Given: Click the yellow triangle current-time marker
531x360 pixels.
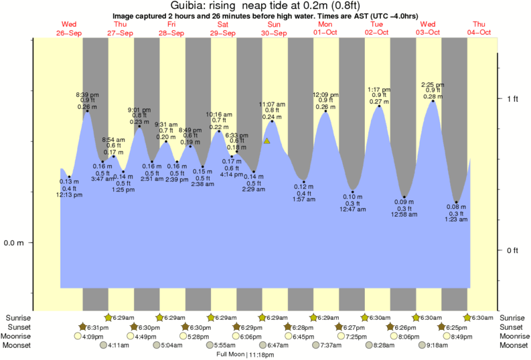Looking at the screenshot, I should point(267,141).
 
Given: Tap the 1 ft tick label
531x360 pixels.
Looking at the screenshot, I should point(512,99).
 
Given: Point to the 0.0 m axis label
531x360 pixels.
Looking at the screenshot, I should point(14,243).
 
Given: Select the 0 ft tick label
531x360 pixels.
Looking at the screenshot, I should point(512,250).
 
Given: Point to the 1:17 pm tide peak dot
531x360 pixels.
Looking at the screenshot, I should point(380,106).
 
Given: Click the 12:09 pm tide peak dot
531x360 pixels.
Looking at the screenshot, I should point(326,111).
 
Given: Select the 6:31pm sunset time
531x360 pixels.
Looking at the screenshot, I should point(98,327).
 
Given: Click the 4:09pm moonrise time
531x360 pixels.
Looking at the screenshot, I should point(92,337).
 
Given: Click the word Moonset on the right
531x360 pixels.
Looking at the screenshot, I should point(513,345).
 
